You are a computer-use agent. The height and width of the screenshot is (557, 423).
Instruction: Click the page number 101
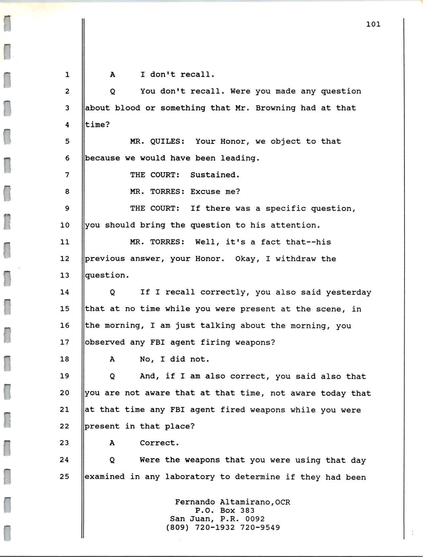click(373, 24)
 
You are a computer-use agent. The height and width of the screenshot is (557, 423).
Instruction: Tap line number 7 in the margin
click(67, 175)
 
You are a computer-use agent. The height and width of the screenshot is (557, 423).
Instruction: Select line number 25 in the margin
click(65, 476)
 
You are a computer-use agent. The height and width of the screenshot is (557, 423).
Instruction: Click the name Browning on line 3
click(276, 108)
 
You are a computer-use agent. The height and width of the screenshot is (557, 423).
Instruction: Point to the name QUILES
click(168, 141)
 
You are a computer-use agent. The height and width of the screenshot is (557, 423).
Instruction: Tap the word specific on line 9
click(286, 208)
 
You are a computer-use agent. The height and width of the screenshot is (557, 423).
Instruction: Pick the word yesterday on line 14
click(348, 292)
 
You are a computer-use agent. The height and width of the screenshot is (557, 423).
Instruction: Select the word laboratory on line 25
click(190, 477)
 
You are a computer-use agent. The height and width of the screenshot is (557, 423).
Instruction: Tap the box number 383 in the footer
click(247, 510)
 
